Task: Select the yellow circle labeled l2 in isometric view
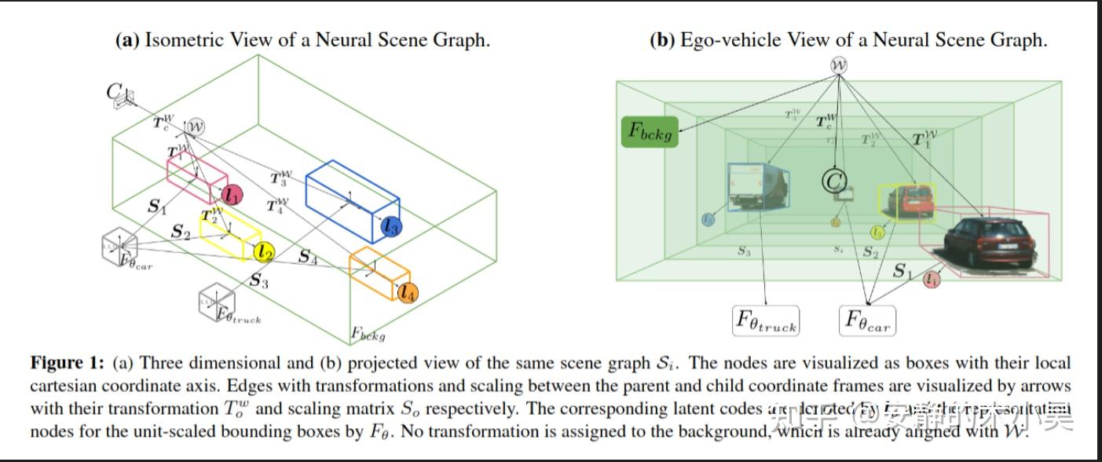click(264, 251)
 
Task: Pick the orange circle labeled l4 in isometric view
click(407, 293)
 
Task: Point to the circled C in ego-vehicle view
click(833, 181)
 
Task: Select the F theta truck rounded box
click(766, 321)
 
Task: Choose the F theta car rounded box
click(867, 321)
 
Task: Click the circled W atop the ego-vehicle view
click(839, 65)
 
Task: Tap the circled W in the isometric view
click(195, 126)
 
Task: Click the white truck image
click(758, 186)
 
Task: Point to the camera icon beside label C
click(124, 98)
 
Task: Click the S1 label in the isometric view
click(156, 207)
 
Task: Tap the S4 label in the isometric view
click(307, 256)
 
